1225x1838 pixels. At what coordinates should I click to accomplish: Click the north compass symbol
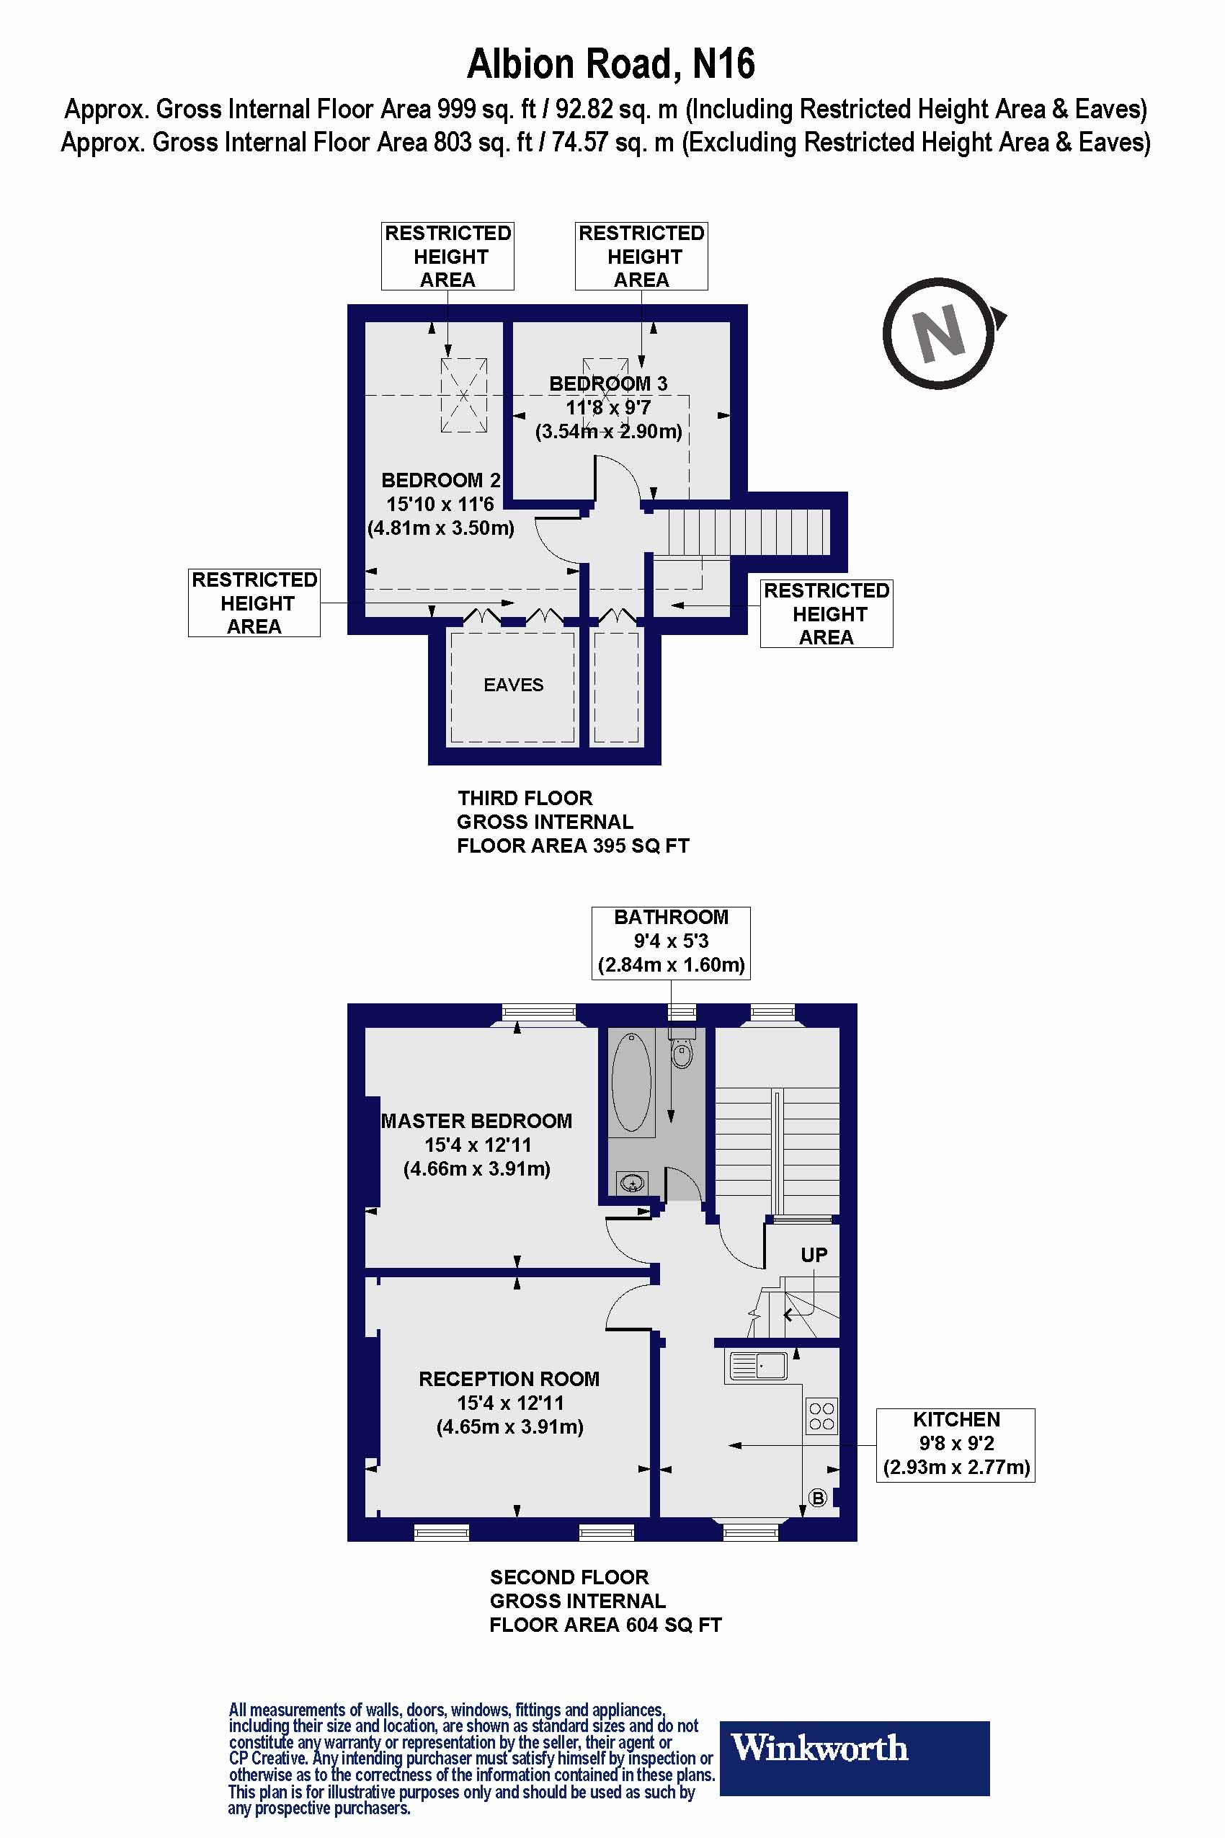(939, 334)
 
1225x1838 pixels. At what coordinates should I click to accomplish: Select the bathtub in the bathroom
(631, 1083)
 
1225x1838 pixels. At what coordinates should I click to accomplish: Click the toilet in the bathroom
(682, 1050)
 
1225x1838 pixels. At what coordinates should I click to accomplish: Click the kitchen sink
(758, 1365)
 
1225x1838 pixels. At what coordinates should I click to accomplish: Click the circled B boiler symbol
(817, 1498)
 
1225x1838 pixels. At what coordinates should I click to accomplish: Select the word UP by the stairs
(814, 1255)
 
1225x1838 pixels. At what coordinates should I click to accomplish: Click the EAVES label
(513, 685)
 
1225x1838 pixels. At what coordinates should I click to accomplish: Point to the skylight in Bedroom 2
(463, 396)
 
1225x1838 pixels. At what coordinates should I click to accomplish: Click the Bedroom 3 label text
(607, 383)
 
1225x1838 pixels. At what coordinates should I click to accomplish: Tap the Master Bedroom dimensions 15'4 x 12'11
(477, 1145)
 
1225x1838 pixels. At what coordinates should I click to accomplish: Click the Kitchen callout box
(955, 1445)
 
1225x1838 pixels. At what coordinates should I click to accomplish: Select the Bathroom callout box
(670, 941)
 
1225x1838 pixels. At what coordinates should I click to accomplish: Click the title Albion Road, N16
(611, 64)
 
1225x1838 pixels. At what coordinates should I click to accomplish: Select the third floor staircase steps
(748, 531)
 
